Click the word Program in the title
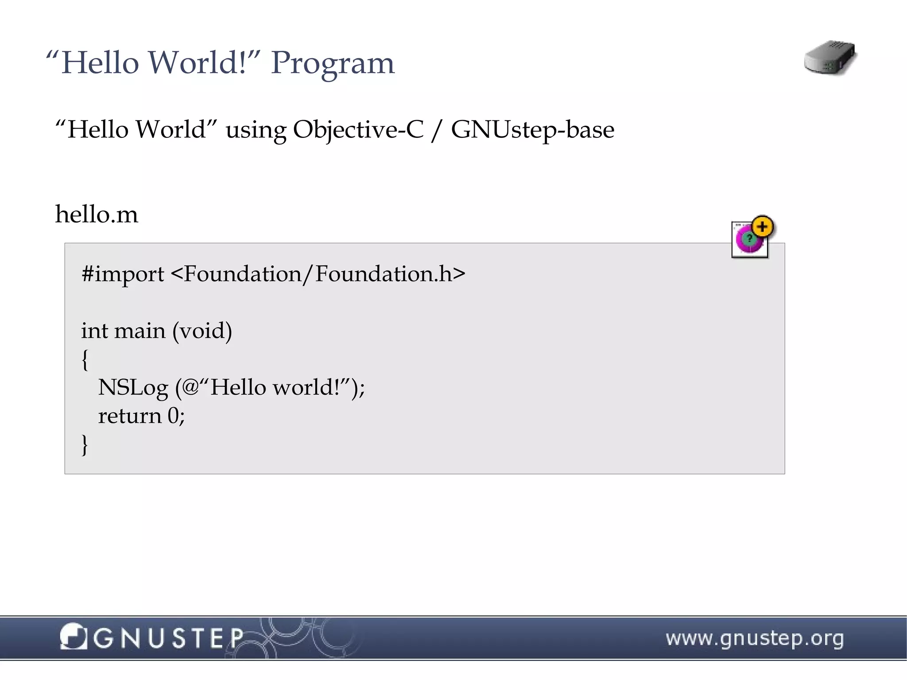click(332, 63)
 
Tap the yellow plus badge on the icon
click(762, 227)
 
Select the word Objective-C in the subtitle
click(358, 130)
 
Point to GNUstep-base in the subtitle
click(532, 130)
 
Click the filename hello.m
click(97, 214)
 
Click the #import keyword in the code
click(123, 274)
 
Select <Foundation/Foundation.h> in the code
click(318, 274)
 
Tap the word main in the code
click(140, 331)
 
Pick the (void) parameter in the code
click(202, 331)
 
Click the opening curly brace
click(85, 359)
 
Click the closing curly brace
click(85, 444)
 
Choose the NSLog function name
click(133, 388)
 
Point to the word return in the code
click(129, 416)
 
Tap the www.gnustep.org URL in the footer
click(755, 639)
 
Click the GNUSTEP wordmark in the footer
click(168, 638)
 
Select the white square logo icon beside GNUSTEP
click(73, 637)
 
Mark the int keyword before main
click(94, 331)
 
